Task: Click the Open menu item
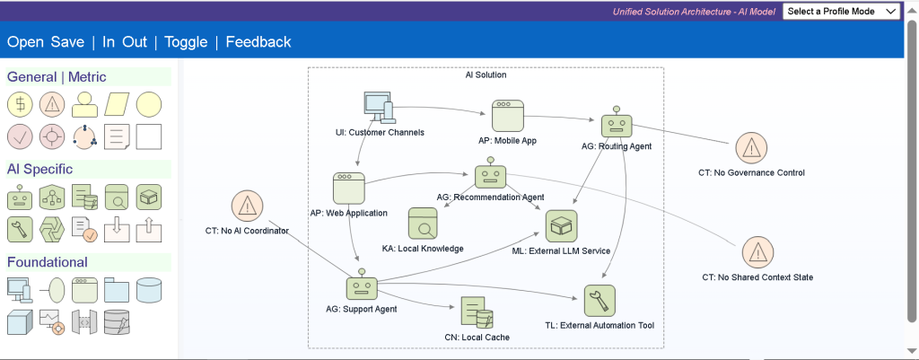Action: coord(25,41)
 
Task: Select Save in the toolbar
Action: coord(67,41)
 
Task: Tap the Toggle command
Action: coord(186,41)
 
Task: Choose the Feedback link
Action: coord(258,41)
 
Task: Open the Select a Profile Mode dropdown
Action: coord(841,11)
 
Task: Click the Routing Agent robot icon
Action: coord(616,122)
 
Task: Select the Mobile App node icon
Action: coord(508,116)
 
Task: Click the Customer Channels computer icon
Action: coord(378,108)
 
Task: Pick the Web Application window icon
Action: coord(349,188)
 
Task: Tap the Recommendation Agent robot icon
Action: coord(490,173)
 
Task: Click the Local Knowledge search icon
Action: coord(424,224)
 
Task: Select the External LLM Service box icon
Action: coord(562,225)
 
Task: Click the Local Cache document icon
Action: coord(477,312)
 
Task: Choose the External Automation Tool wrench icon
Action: coord(600,301)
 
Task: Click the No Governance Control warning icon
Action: coord(751,148)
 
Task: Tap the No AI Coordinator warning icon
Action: coord(248,206)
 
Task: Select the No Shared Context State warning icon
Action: coord(757,252)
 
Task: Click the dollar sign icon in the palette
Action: coord(21,105)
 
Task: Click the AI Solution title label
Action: coord(486,75)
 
